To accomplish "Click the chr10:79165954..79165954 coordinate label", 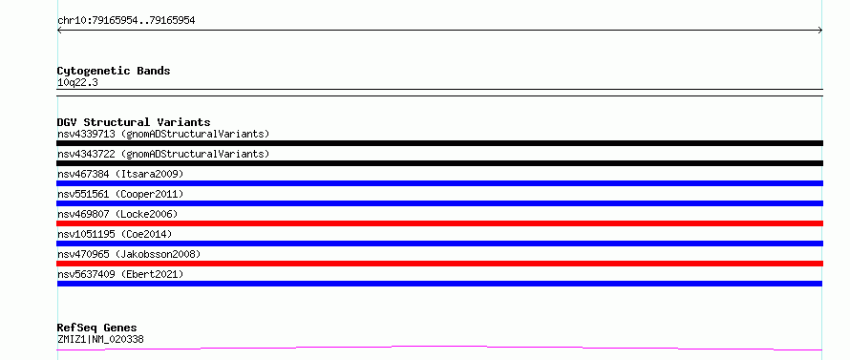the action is coord(126,21).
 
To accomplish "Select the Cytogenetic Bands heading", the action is coord(114,71).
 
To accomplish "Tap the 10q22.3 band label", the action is coord(77,83).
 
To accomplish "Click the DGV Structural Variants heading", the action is coord(134,122).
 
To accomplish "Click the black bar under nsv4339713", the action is coord(439,143).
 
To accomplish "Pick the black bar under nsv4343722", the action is coord(439,163).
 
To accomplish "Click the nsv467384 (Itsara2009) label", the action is coord(120,174).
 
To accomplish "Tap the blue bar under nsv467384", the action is coord(439,183).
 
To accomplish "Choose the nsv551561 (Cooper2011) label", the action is coord(120,194).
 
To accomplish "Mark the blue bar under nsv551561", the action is coord(439,203).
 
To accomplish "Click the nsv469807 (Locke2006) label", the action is coord(117,214).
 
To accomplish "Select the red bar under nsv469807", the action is coord(439,223).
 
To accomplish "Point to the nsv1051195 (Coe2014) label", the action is coord(115,234).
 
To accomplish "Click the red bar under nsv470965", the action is coord(439,264).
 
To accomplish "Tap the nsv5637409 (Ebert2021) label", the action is coord(120,274).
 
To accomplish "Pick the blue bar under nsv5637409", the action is coord(439,284).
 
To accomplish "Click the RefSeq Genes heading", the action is coord(97,328).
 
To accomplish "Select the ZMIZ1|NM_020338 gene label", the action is coord(100,340).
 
